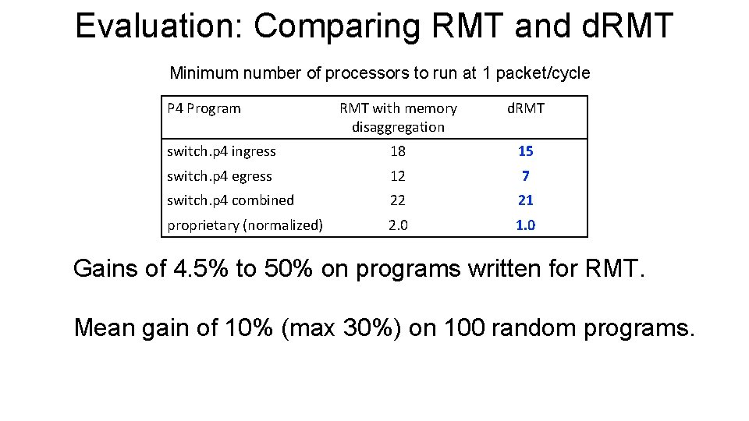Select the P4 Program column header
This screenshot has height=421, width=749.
pos(204,108)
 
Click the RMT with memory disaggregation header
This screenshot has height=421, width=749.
pos(398,117)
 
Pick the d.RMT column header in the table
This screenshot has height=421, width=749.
pos(526,108)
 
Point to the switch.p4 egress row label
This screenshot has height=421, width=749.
pos(219,176)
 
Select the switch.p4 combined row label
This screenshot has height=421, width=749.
pos(230,200)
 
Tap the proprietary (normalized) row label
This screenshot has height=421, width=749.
pos(245,225)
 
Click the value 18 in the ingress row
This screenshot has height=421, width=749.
pos(398,151)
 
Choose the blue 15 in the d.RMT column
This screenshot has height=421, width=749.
pos(526,151)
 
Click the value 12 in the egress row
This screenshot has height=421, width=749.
pos(398,176)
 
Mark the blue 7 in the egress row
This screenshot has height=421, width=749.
pos(526,176)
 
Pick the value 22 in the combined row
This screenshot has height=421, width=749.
pos(398,200)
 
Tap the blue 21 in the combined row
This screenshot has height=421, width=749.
pos(526,200)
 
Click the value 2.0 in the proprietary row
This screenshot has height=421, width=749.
pos(398,225)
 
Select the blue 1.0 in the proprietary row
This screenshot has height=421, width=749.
pos(526,225)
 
